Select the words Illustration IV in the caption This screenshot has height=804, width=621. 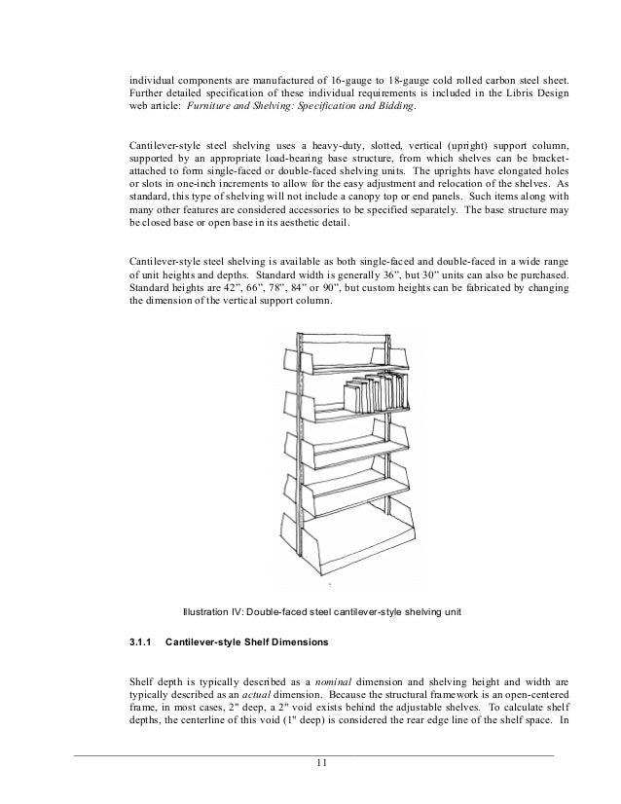(215, 611)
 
